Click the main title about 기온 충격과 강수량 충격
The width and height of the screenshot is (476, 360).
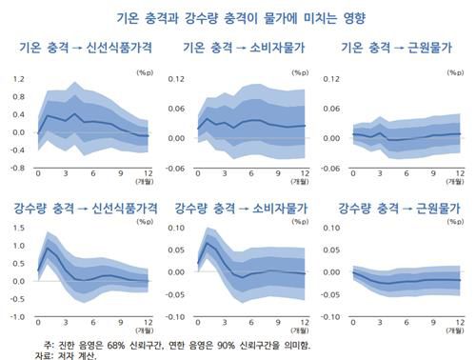pyautogui.click(x=238, y=17)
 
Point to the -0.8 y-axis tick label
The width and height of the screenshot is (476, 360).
pyautogui.click(x=16, y=168)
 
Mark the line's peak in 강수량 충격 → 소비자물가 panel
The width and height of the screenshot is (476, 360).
pyautogui.click(x=207, y=244)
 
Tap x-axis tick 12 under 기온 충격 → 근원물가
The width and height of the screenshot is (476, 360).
pyautogui.click(x=460, y=174)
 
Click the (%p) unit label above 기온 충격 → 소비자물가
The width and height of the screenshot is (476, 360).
pyautogui.click(x=301, y=70)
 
